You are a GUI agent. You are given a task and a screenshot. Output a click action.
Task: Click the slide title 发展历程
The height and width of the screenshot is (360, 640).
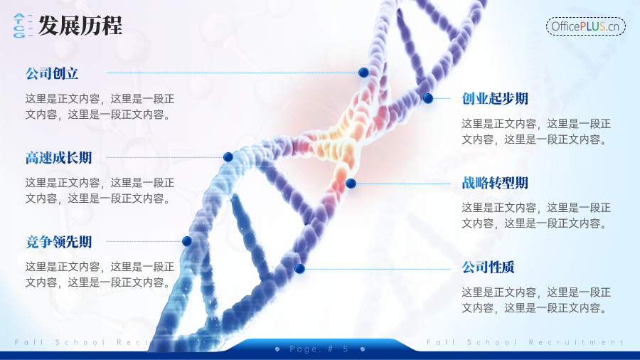click(80, 26)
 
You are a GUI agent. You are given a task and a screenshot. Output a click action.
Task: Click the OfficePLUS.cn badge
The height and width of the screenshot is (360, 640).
click(585, 26)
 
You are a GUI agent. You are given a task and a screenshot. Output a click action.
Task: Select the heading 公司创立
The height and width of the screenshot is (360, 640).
click(52, 73)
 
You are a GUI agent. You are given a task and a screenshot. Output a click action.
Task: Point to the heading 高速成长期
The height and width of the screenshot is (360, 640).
click(58, 157)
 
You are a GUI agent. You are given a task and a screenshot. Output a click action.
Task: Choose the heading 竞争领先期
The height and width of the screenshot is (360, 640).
click(58, 242)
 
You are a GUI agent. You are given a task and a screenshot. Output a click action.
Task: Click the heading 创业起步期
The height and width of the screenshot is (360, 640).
click(495, 98)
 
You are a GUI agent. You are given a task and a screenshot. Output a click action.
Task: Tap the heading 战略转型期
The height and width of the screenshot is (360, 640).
click(495, 183)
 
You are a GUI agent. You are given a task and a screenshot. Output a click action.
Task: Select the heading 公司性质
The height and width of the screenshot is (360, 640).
click(488, 268)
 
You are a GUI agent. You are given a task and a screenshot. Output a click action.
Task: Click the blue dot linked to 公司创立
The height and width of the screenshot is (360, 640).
click(363, 73)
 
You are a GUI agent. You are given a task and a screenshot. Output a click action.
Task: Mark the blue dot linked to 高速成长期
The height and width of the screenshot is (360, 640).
click(228, 157)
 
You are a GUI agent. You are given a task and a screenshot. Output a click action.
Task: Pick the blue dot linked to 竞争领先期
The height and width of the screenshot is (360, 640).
click(187, 241)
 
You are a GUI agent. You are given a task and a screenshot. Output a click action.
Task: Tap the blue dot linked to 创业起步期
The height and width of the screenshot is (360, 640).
click(428, 98)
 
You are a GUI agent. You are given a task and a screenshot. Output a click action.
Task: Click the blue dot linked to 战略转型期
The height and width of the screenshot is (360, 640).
click(351, 184)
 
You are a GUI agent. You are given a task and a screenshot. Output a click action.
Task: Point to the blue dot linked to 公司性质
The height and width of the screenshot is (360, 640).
click(299, 269)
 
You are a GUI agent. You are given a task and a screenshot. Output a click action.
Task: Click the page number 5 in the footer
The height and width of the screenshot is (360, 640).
click(346, 349)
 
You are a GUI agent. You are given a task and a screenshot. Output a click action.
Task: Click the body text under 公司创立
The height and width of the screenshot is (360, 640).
click(100, 107)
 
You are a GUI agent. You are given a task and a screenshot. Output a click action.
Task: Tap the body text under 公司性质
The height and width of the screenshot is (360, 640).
click(536, 300)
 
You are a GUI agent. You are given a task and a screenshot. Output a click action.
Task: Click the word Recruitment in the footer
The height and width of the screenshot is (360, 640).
click(576, 342)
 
